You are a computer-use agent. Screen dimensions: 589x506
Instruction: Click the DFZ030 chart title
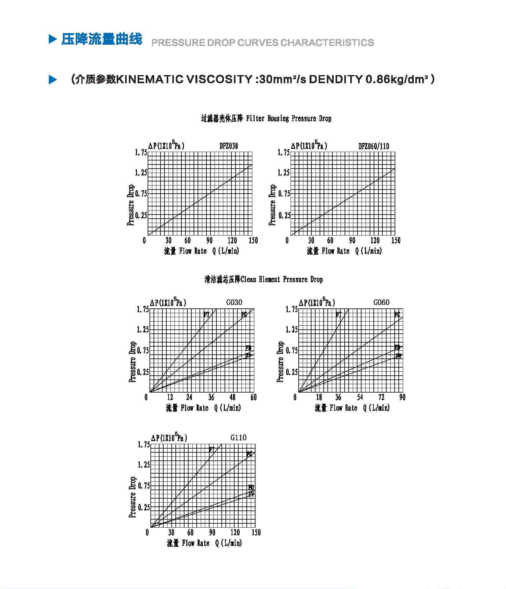[229, 146]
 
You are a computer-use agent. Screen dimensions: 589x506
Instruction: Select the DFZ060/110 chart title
[373, 146]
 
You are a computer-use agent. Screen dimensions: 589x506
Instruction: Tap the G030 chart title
[234, 302]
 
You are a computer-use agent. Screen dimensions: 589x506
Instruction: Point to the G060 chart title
[381, 302]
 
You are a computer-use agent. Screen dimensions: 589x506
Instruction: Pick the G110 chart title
[238, 438]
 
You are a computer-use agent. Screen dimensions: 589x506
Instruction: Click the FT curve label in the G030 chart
[206, 314]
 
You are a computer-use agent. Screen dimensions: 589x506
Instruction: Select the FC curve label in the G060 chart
[397, 314]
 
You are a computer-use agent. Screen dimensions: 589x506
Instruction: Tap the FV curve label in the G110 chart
[251, 494]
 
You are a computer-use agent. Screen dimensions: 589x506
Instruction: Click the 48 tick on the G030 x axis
[232, 397]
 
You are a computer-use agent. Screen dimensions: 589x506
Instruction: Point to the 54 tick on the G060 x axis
[360, 397]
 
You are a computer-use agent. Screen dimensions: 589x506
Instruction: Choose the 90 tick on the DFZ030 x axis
[209, 241]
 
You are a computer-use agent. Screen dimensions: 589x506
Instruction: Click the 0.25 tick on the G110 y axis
[144, 507]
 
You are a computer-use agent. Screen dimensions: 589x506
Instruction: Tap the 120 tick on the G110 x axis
[235, 532]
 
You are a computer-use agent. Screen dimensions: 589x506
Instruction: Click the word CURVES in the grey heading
[258, 43]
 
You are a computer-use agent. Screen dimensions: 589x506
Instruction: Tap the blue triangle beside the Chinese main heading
[53, 39]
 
